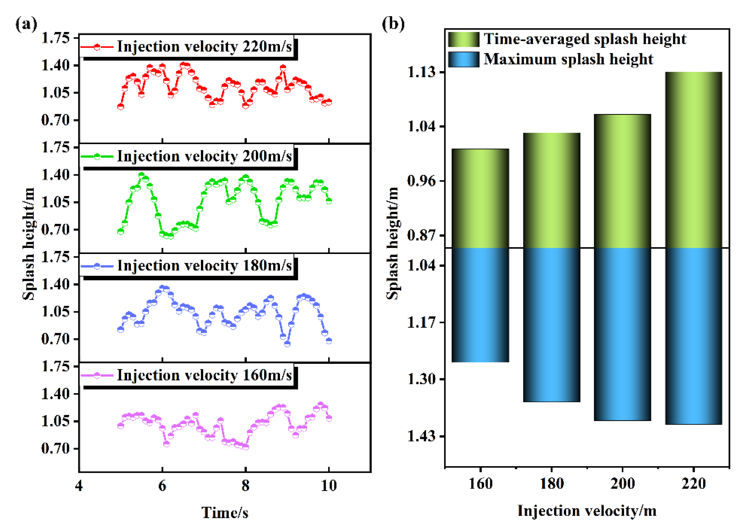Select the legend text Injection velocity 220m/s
pyautogui.click(x=204, y=47)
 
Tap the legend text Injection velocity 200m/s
pyautogui.click(x=204, y=156)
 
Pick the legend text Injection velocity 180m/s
pyautogui.click(x=204, y=266)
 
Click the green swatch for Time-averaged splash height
pyautogui.click(x=463, y=39)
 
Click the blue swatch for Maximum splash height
pyautogui.click(x=463, y=59)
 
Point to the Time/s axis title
pyautogui.click(x=224, y=513)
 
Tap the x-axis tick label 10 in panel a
pyautogui.click(x=328, y=486)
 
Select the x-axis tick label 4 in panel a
pyautogui.click(x=79, y=486)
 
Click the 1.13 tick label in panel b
pyautogui.click(x=422, y=72)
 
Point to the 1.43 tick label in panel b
pyautogui.click(x=422, y=436)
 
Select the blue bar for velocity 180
pyautogui.click(x=551, y=325)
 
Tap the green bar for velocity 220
pyautogui.click(x=694, y=160)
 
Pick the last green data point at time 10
pyautogui.click(x=329, y=201)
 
